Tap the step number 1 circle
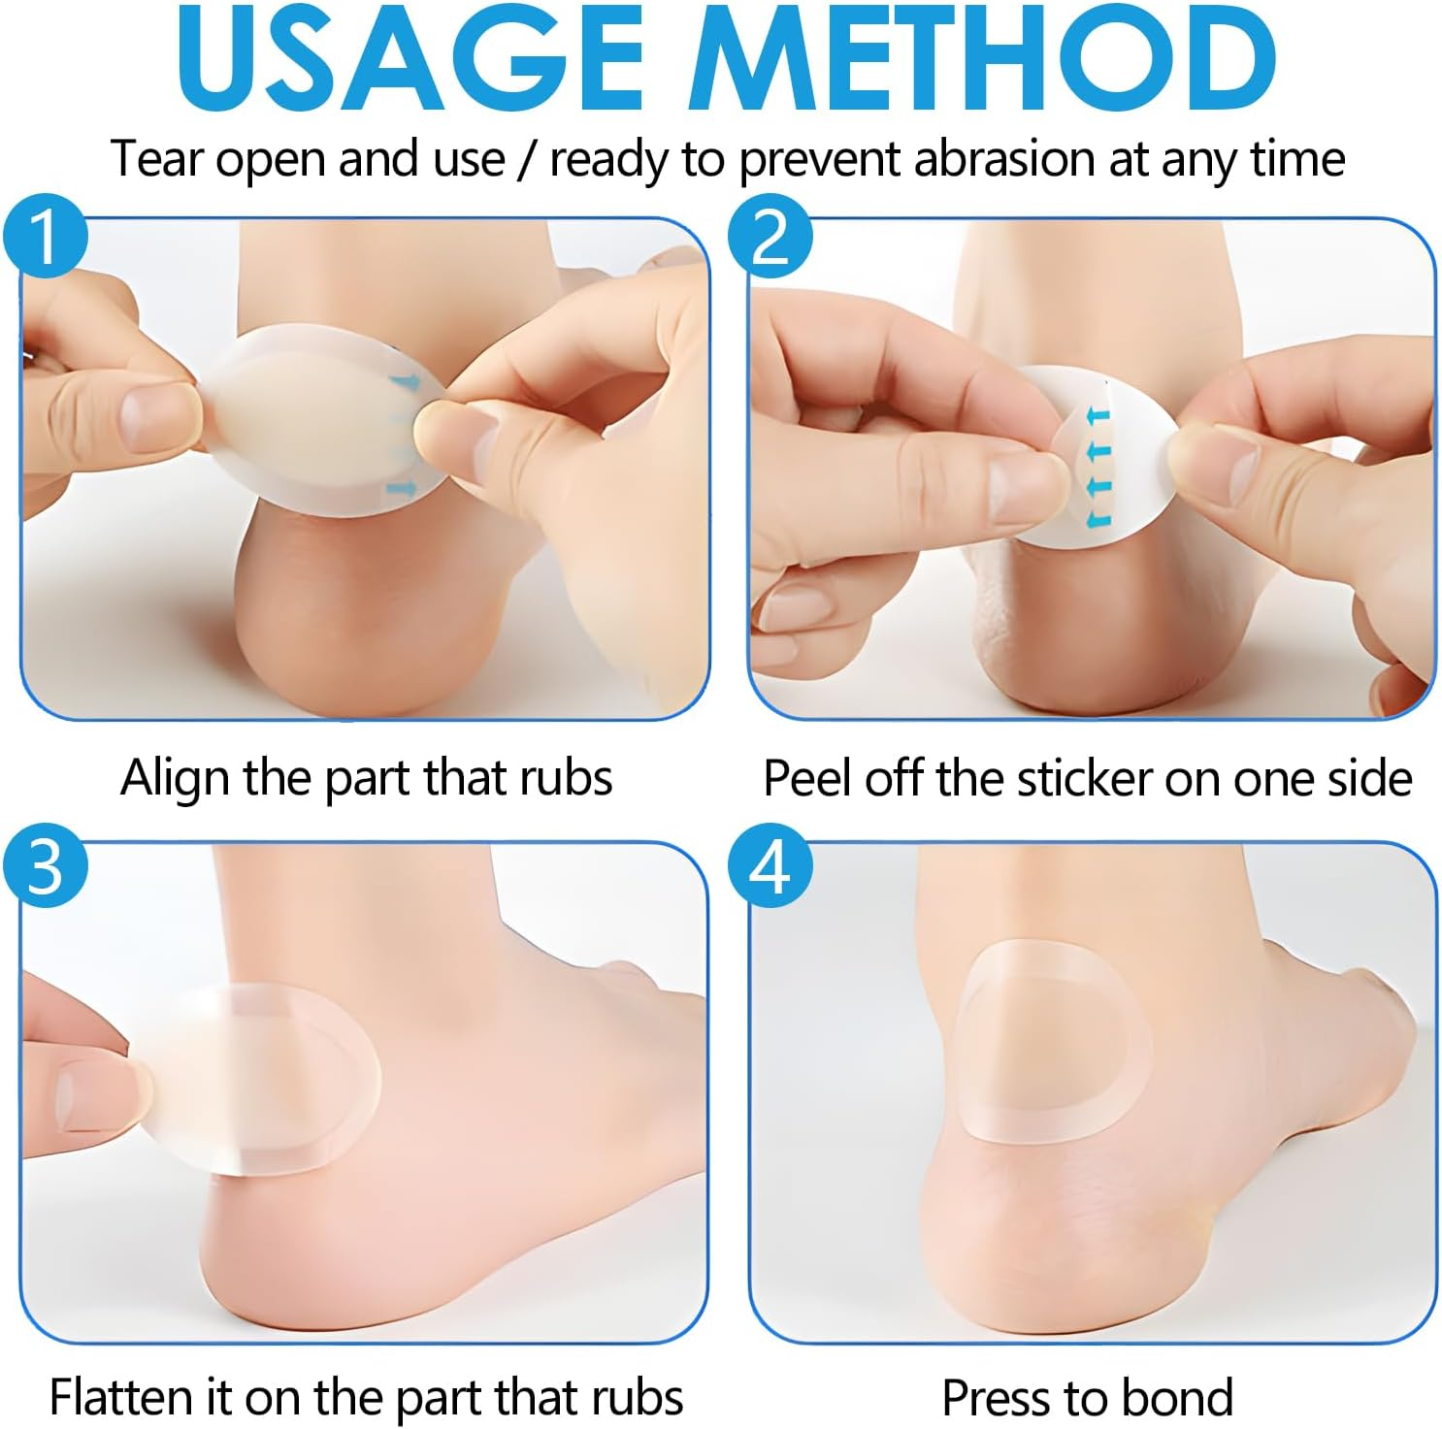(x=46, y=237)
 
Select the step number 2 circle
(x=770, y=237)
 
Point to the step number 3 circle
(x=46, y=865)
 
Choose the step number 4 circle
(x=770, y=865)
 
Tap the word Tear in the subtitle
(x=156, y=159)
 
